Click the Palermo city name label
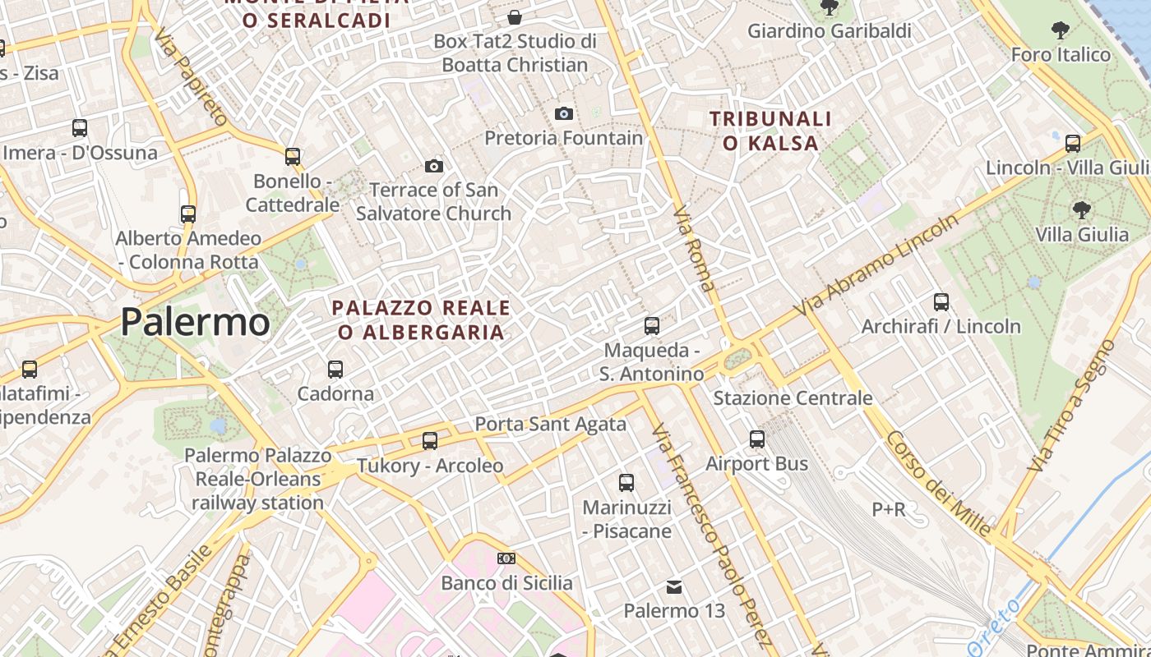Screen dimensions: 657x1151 pos(195,322)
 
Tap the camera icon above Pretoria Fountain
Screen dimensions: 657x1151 pos(563,113)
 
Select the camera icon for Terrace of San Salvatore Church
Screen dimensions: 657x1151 pos(434,167)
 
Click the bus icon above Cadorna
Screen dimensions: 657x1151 pos(335,370)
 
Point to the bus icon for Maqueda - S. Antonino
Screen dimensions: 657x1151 pos(652,326)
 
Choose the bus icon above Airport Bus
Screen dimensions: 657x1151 pos(757,439)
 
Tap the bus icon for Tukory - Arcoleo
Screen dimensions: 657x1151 pos(430,441)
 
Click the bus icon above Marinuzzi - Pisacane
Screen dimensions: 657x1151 pos(626,483)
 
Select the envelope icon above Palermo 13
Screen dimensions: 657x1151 pos(674,586)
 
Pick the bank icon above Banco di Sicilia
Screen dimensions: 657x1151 pos(506,558)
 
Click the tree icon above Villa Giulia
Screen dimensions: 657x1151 pos(1082,210)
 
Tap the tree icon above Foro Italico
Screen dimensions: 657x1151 pos(1061,30)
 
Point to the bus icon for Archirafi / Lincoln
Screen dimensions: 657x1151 pos(941,302)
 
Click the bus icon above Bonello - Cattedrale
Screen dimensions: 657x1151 pos(293,157)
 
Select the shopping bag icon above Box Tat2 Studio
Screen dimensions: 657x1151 pos(515,17)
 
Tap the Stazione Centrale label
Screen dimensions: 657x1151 pos(793,398)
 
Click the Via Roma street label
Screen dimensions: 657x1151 pos(694,249)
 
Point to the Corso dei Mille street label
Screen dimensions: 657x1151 pos(937,484)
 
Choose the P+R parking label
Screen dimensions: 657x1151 pos(889,509)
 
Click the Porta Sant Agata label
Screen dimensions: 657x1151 pos(551,425)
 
